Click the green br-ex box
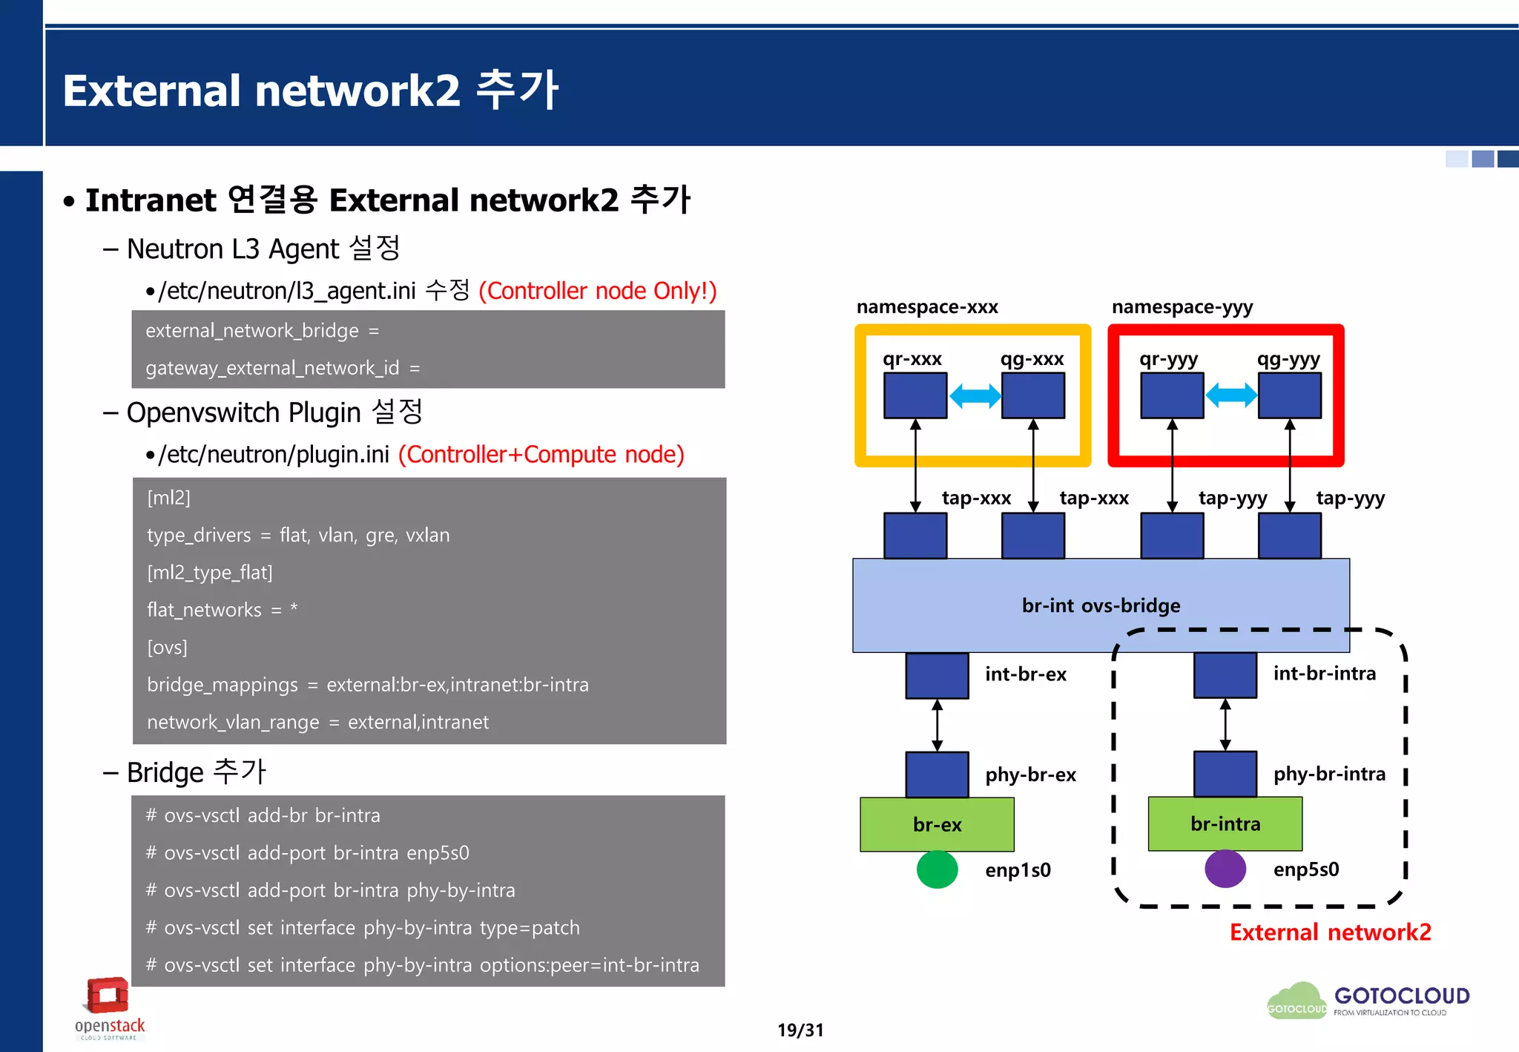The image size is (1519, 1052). [937, 824]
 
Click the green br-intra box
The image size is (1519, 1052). [1225, 823]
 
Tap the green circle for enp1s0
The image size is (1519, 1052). [937, 869]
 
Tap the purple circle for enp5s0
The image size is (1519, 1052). [1225, 869]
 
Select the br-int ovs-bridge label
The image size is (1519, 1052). [1101, 605]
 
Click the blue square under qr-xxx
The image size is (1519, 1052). [915, 395]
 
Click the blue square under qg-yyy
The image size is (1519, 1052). [1290, 395]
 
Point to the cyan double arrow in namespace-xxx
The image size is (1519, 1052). [975, 395]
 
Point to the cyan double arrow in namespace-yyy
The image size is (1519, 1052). [1231, 395]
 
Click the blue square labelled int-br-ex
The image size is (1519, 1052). [937, 675]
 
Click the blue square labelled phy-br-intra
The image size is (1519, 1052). [1225, 774]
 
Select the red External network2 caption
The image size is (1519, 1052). [1330, 932]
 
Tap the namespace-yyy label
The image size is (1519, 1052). [1182, 306]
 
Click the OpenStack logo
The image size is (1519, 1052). [109, 1007]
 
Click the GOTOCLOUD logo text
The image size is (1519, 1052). [1402, 996]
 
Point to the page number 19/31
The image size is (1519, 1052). [800, 1030]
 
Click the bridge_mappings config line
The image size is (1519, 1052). [367, 684]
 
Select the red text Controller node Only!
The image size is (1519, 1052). [598, 291]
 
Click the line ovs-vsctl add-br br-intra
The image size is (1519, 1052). [263, 815]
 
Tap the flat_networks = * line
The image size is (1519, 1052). [222, 610]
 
